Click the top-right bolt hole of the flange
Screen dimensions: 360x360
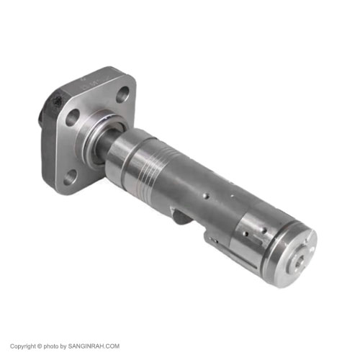(122, 95)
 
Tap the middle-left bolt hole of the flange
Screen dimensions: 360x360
(72, 117)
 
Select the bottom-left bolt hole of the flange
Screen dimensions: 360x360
(70, 177)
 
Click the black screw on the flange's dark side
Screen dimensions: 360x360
(58, 103)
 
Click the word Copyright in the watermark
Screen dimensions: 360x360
(23, 346)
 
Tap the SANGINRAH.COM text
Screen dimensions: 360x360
(94, 346)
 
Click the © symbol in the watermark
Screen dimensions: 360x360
(40, 346)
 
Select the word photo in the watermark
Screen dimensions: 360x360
(51, 346)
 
